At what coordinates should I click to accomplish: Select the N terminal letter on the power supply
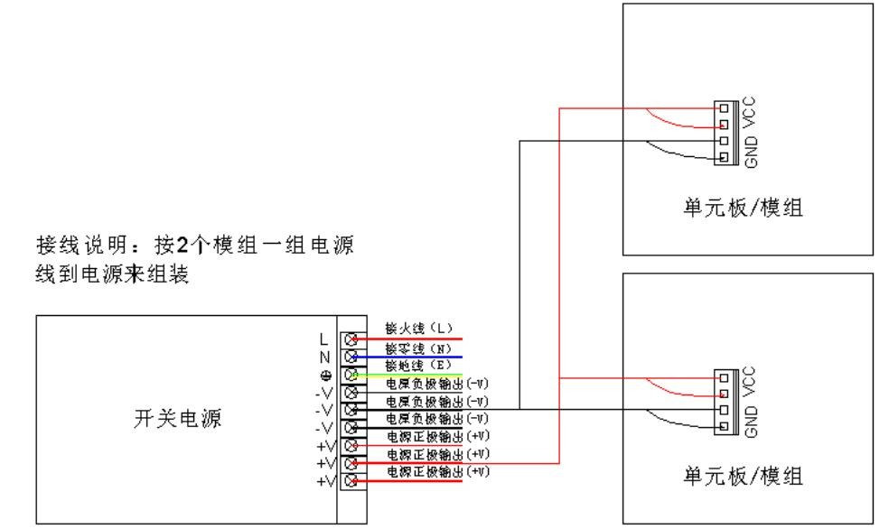click(x=323, y=357)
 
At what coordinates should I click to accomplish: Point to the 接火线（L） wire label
click(x=417, y=331)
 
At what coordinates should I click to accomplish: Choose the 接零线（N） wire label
click(x=417, y=348)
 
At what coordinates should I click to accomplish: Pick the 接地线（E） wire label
click(x=417, y=366)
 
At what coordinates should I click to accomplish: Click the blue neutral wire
click(x=416, y=357)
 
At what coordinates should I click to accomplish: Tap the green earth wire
click(x=416, y=375)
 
